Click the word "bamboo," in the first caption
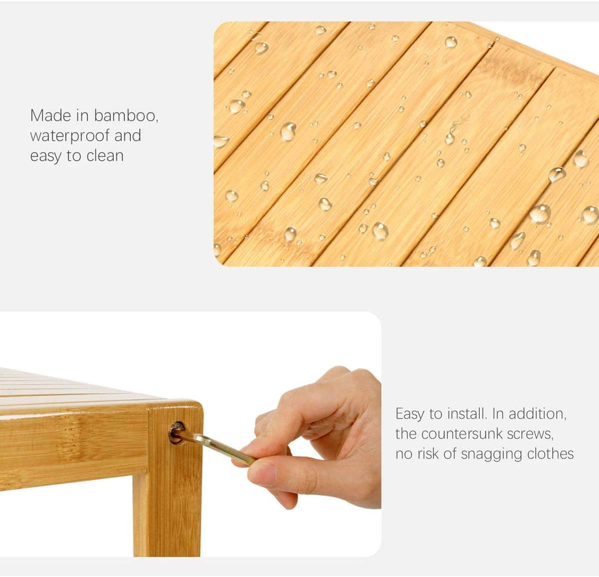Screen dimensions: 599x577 coord(126,115)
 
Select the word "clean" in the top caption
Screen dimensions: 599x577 coord(105,156)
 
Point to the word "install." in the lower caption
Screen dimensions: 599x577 coord(466,414)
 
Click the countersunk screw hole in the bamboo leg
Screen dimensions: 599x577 coord(176,432)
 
